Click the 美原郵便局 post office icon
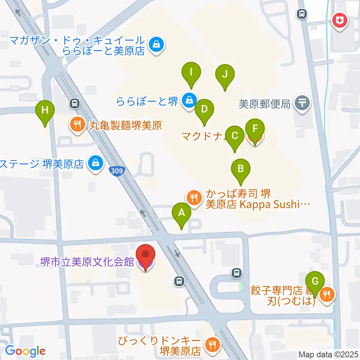(x=302, y=101)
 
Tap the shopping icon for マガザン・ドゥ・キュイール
(x=156, y=44)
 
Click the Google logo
(x=25, y=351)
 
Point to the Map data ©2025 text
(x=328, y=354)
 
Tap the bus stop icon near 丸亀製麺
(x=75, y=102)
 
